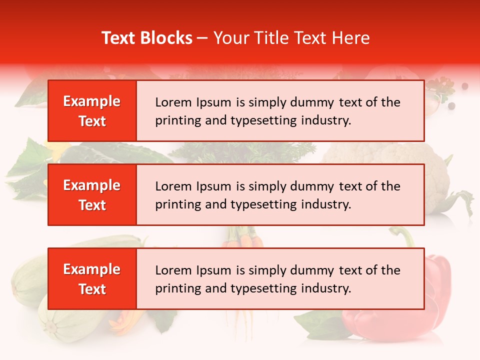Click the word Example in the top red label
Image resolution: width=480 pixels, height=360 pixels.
click(92, 101)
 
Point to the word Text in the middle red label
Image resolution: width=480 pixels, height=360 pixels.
click(92, 205)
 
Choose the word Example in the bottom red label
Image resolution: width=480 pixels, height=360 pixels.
click(92, 269)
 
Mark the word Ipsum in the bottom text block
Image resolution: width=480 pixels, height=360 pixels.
click(213, 270)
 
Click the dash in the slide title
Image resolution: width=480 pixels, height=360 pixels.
click(202, 38)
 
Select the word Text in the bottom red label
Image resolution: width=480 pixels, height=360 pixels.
click(92, 289)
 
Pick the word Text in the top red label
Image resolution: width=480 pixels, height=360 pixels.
click(92, 121)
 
